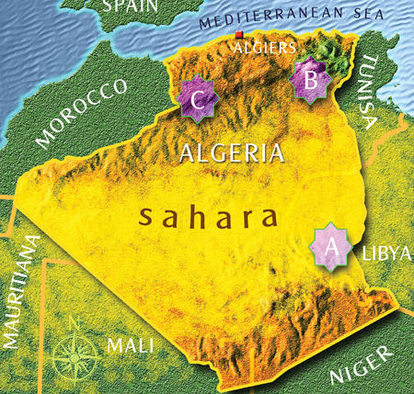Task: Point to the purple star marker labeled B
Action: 310,80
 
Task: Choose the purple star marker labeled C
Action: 197,99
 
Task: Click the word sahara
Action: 207,218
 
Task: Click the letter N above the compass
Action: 77,321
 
